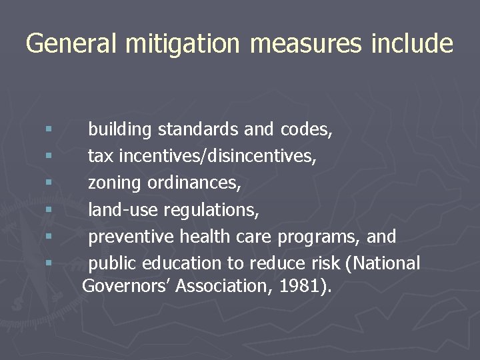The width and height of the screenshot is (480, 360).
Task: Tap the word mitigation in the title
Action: pyautogui.click(x=176, y=44)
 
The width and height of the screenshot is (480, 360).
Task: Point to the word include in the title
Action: pyautogui.click(x=413, y=44)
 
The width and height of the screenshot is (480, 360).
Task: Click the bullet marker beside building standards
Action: pyautogui.click(x=49, y=129)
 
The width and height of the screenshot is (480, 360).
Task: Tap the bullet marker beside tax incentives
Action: pyautogui.click(x=49, y=156)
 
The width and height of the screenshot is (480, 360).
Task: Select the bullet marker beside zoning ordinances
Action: pyautogui.click(x=49, y=183)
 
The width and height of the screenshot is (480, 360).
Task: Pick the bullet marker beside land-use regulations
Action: pyautogui.click(x=49, y=209)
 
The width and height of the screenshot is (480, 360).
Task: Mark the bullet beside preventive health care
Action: pyautogui.click(x=49, y=236)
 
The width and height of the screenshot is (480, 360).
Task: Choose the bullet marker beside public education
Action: pyautogui.click(x=49, y=263)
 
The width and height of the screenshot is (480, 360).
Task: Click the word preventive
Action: pyautogui.click(x=131, y=237)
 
